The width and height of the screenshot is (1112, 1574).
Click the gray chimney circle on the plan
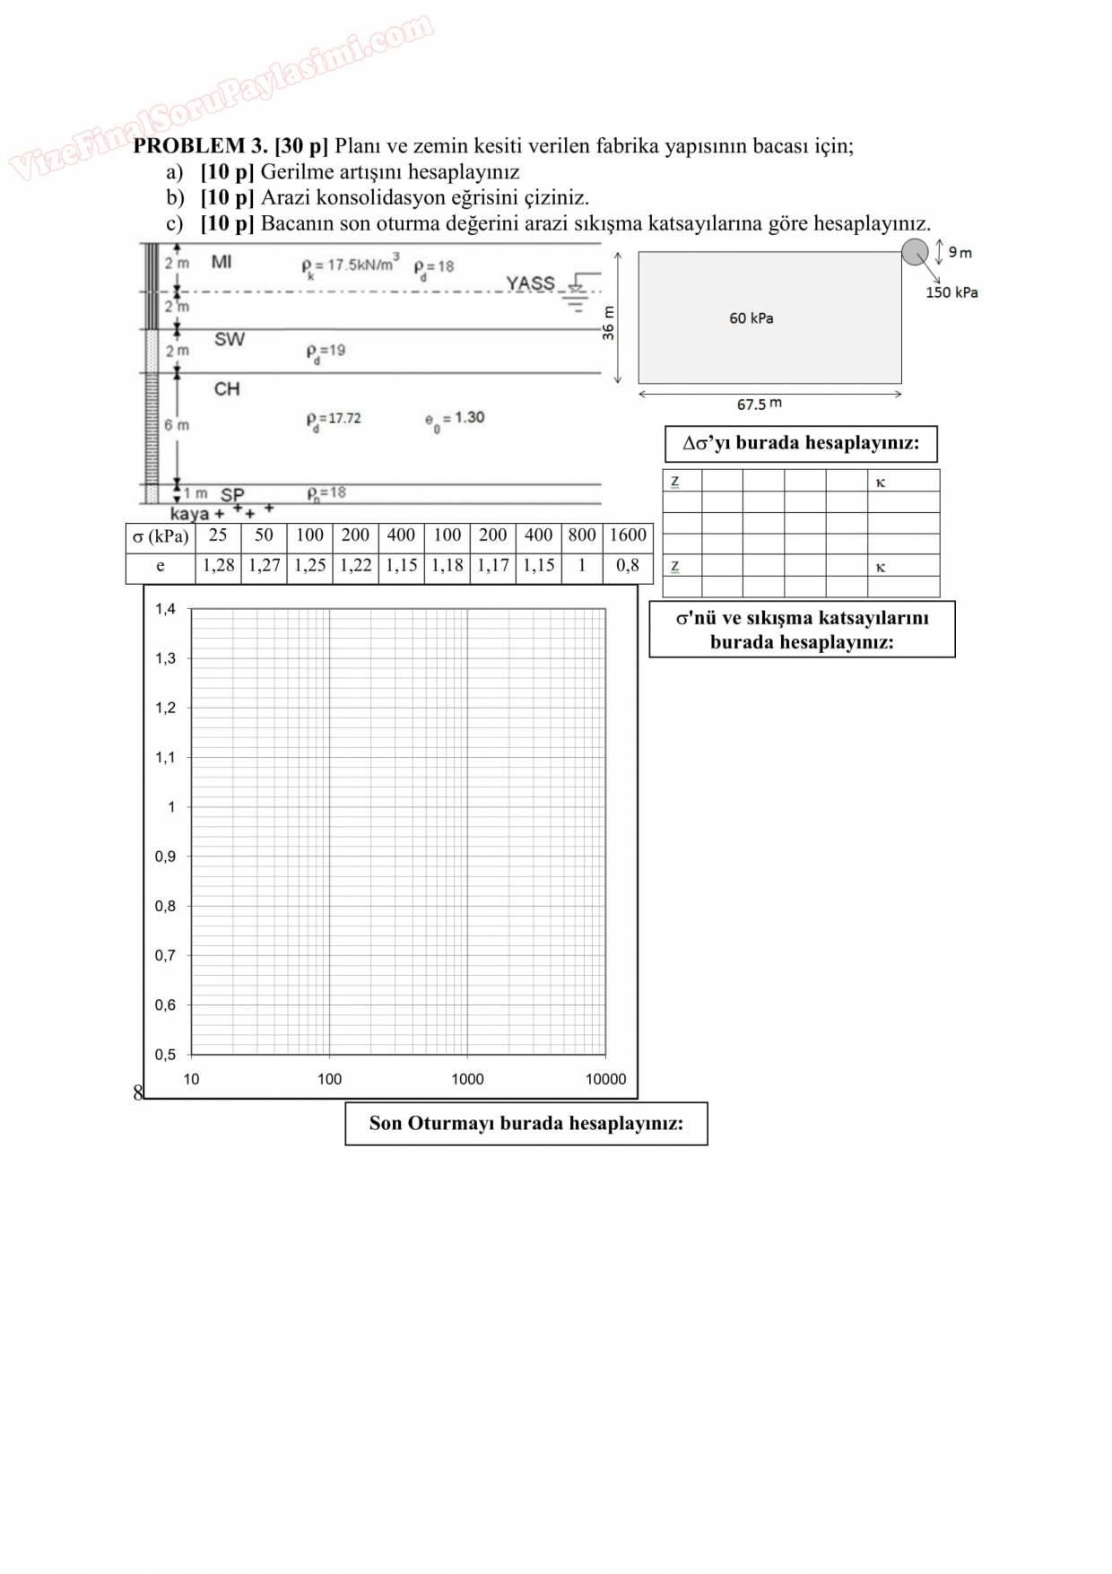pos(915,252)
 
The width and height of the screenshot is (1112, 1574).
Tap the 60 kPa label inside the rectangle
pos(751,318)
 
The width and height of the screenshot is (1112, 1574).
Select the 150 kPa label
pos(951,292)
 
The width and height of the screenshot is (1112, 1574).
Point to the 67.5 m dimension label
pos(759,404)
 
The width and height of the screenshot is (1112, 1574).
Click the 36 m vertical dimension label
pos(609,323)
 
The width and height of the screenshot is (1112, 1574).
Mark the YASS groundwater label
pos(530,283)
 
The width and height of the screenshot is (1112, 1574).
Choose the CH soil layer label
pos(227,388)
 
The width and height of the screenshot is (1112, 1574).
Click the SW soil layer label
pos(229,339)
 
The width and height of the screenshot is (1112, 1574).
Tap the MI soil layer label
pos(222,262)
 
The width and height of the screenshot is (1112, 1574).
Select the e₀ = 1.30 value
pos(455,418)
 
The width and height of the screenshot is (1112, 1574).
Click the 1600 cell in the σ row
pos(628,535)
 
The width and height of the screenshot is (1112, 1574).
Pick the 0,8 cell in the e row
pos(628,566)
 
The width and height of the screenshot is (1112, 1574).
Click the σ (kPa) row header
pos(161,536)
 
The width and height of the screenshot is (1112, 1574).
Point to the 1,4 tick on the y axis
pos(165,609)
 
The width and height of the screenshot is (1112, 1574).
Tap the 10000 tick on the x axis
pos(605,1079)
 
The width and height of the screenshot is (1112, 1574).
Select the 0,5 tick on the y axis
pos(165,1054)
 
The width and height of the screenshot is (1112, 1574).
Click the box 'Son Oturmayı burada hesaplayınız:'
pos(526,1124)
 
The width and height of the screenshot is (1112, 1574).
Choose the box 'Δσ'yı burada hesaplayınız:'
pos(801,443)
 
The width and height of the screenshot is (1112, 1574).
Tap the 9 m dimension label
pos(960,253)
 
